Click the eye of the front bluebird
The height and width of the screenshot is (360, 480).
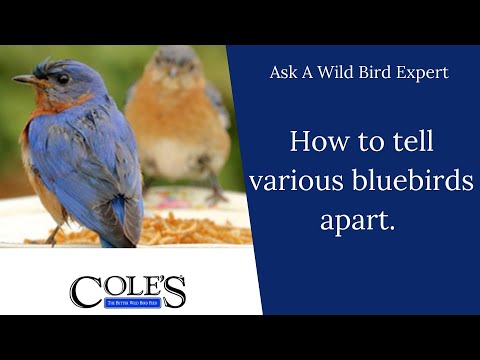coord(61,79)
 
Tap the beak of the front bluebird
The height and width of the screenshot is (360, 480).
coord(25,79)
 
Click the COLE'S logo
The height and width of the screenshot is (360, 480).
coord(128,291)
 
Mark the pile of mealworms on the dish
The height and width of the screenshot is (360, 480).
coord(190,231)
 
